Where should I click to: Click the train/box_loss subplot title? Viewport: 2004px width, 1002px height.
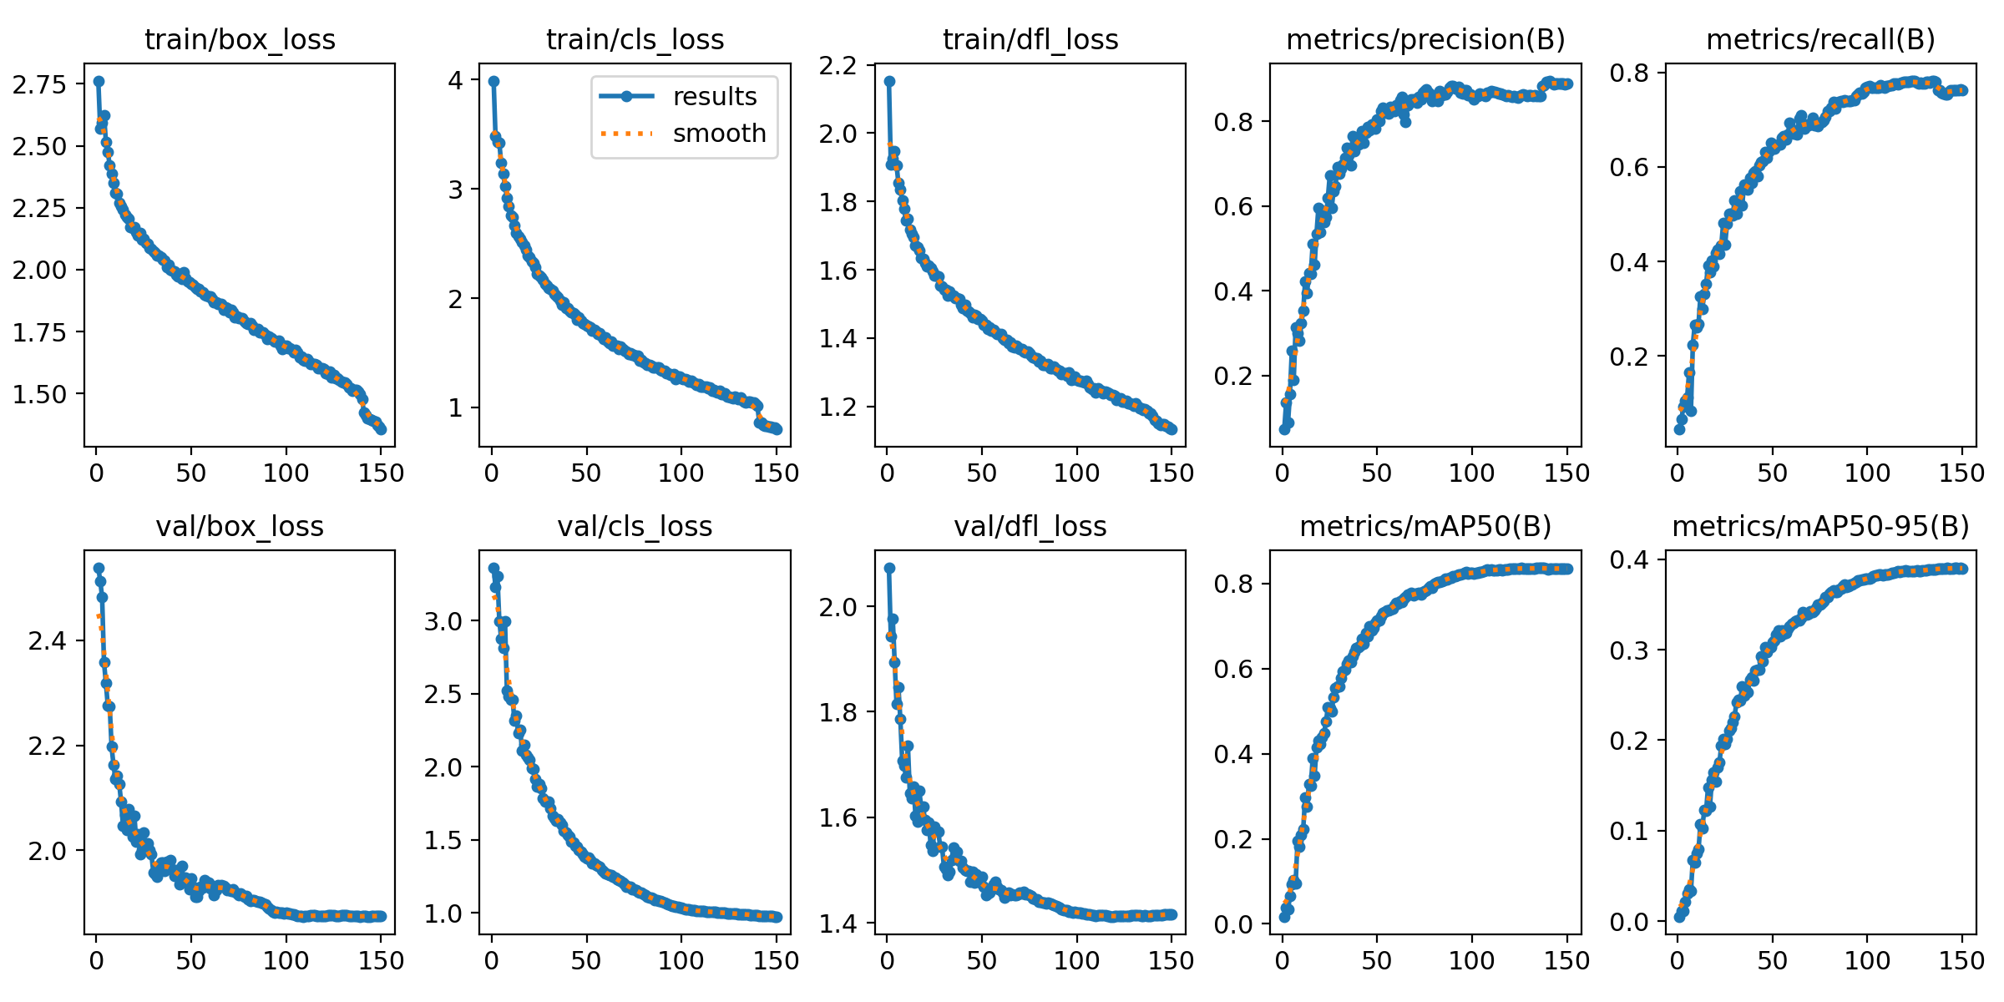point(240,39)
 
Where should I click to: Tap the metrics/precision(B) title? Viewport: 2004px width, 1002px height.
point(1425,39)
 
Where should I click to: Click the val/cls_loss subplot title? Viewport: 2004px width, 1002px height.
point(635,526)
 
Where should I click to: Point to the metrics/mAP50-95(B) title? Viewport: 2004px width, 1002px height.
point(1820,526)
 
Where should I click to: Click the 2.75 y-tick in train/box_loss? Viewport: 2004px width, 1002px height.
point(39,83)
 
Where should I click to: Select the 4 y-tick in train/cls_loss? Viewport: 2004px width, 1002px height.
point(455,80)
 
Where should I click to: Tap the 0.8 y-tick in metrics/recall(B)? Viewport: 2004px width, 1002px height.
point(1628,73)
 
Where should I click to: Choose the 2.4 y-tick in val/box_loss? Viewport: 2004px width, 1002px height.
point(47,640)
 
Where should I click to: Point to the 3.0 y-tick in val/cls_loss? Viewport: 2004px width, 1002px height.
point(442,620)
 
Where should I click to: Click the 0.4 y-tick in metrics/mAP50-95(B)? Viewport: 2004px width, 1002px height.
point(1628,559)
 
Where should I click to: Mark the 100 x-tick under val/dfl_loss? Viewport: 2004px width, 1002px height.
point(1076,960)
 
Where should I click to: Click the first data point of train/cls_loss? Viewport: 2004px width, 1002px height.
point(493,81)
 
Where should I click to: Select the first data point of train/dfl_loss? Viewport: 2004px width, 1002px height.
point(889,81)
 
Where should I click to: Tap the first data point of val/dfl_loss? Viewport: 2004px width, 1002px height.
point(889,568)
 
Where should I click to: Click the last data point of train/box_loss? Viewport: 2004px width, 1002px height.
point(381,429)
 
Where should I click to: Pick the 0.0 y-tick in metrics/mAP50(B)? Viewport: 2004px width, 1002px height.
point(1232,924)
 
